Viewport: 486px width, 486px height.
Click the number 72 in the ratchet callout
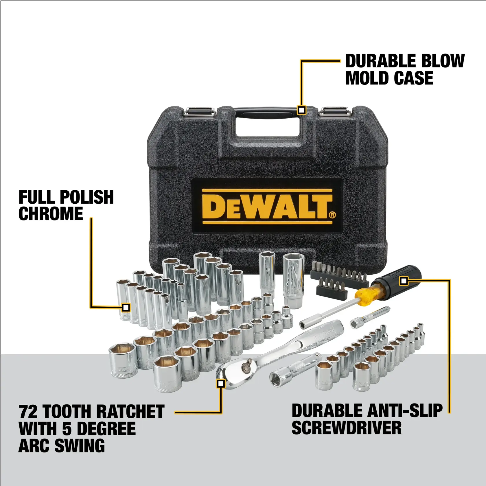click(28, 412)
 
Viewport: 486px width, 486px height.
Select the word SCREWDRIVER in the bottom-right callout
click(346, 428)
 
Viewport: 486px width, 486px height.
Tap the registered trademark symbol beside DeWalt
click(332, 215)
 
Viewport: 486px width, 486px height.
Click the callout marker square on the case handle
click(302, 110)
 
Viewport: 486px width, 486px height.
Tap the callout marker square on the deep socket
click(126, 308)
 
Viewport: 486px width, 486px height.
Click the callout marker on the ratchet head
click(221, 384)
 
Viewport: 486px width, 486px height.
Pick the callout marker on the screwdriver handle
click(404, 281)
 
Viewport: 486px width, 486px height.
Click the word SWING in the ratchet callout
click(80, 446)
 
